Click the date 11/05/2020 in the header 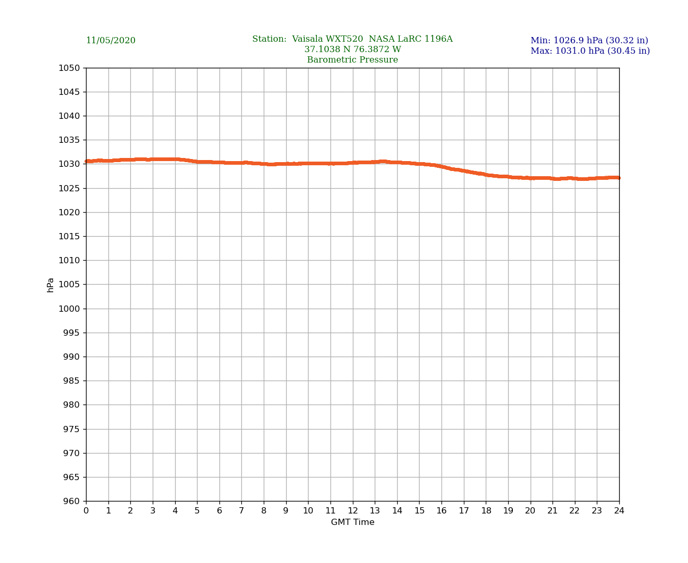(x=110, y=41)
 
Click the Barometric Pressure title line (x=352, y=60)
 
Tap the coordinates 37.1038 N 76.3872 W (x=352, y=50)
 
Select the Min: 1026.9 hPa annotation (x=589, y=41)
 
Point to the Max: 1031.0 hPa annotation (x=590, y=51)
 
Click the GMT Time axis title (x=352, y=522)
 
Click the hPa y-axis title (x=51, y=285)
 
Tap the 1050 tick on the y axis (x=69, y=68)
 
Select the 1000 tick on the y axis (x=69, y=309)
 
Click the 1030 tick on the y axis (x=69, y=164)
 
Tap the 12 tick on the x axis (x=353, y=511)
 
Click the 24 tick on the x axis (x=619, y=511)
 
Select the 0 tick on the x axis (x=86, y=511)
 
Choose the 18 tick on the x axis (x=486, y=511)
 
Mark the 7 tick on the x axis (x=241, y=511)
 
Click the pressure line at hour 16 (x=441, y=167)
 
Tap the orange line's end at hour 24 (x=619, y=178)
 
